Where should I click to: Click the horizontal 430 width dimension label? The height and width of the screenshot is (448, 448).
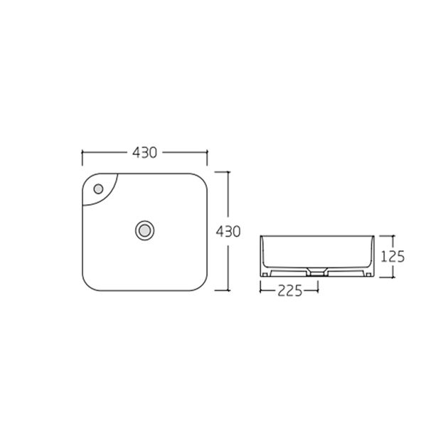tap(144, 153)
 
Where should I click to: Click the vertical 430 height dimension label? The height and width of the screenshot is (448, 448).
tap(228, 231)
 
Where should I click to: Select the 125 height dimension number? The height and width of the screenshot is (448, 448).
tap(393, 257)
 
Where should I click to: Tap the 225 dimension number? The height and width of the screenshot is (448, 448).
tap(289, 291)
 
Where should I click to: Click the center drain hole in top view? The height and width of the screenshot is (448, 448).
tap(144, 230)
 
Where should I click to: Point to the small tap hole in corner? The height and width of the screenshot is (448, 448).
tap(98, 189)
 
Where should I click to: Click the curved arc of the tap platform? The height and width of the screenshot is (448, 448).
tap(108, 196)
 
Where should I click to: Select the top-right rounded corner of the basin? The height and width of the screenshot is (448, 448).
tap(201, 181)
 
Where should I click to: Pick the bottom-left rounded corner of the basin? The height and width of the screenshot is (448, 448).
tap(90, 284)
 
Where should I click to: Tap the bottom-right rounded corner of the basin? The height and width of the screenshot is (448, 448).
tap(201, 284)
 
